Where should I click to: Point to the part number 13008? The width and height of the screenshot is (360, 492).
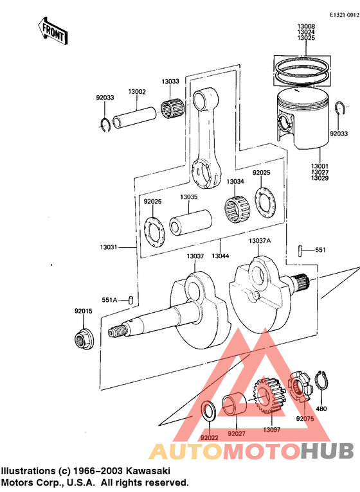(305, 26)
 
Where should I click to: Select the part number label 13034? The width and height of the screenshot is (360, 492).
(235, 182)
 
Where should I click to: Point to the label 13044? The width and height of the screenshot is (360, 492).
(221, 256)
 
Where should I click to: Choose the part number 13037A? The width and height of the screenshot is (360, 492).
(260, 241)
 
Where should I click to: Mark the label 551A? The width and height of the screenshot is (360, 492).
(109, 300)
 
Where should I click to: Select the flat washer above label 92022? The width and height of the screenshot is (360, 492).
(208, 410)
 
